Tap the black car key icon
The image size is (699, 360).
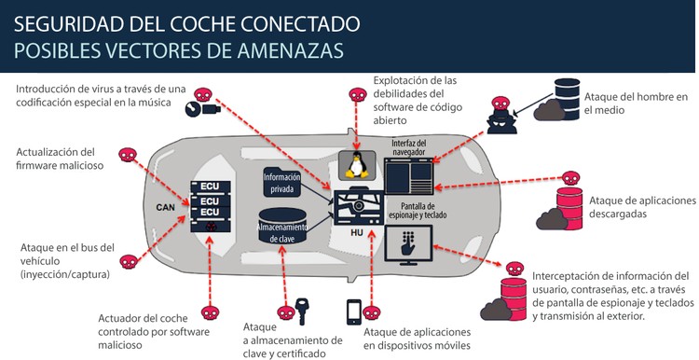(302, 310)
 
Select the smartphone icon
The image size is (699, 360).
(354, 311)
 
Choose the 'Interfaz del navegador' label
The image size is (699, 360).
(411, 145)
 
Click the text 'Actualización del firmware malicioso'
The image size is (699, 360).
(56, 159)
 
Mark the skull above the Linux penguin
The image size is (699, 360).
(354, 95)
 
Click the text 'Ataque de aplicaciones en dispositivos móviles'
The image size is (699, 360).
(417, 339)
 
